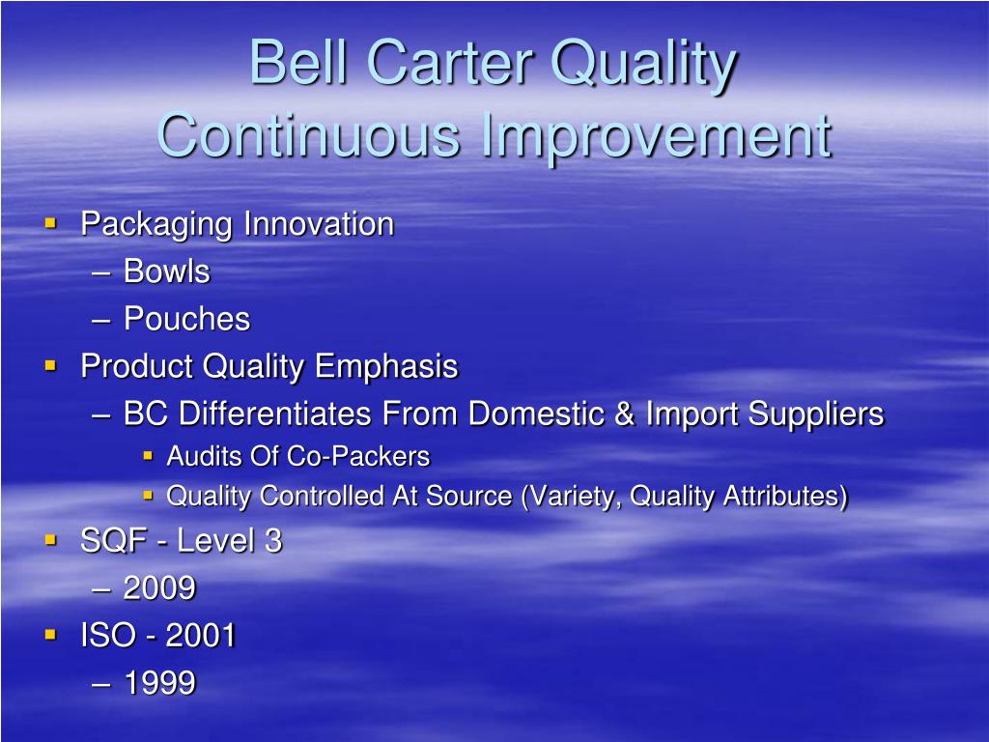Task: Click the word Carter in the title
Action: point(451,62)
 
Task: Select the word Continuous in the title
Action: point(308,135)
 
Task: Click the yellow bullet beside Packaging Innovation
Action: point(51,223)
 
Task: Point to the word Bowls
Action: point(166,271)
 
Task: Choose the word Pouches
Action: point(186,319)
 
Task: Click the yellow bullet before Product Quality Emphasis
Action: point(51,365)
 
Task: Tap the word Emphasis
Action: point(386,367)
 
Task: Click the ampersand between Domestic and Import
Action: point(624,414)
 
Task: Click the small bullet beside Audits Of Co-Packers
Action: point(148,455)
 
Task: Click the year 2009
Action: point(159,588)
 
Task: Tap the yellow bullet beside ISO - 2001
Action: point(51,634)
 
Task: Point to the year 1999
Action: point(159,683)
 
